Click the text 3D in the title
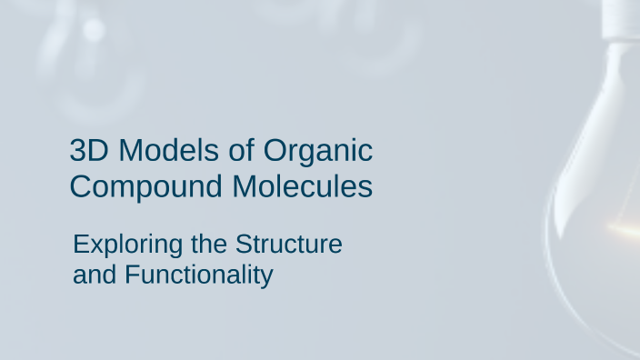[x=88, y=150]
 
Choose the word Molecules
[x=302, y=186]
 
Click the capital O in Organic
[x=276, y=150]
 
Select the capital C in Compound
[x=81, y=186]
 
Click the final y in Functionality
[x=266, y=277]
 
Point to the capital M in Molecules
[x=245, y=186]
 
